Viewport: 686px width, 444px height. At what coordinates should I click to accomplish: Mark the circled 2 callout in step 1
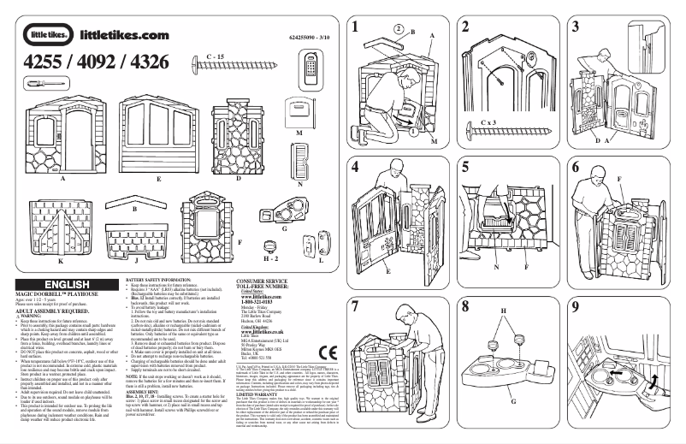pyautogui.click(x=399, y=27)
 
